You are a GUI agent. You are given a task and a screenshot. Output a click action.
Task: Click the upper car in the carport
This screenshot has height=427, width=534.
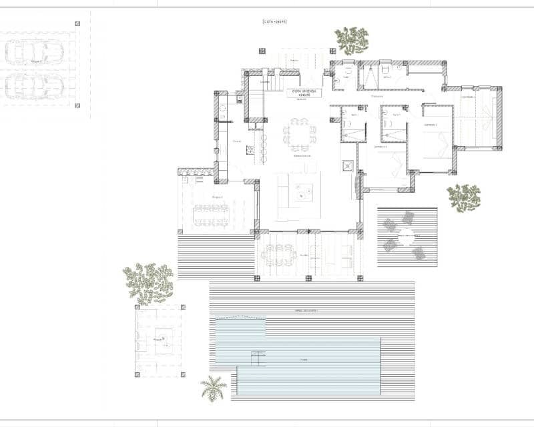(33, 52)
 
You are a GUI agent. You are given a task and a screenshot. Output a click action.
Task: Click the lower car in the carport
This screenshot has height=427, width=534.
(35, 85)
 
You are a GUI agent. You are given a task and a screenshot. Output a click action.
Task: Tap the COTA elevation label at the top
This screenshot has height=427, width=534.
(274, 22)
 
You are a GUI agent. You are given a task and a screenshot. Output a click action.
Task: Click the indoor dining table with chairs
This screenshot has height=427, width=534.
(299, 135)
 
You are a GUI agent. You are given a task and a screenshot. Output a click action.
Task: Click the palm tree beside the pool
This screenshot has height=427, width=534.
(213, 388)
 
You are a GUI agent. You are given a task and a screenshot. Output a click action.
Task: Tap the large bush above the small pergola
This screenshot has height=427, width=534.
(148, 281)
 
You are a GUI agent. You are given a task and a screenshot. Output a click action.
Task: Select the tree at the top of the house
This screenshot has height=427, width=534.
(352, 40)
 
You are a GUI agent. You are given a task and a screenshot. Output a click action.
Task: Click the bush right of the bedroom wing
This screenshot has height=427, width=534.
(463, 197)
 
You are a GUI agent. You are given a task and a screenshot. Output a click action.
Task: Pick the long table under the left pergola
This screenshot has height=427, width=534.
(211, 215)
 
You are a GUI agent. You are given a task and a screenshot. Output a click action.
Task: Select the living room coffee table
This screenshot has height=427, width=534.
(304, 191)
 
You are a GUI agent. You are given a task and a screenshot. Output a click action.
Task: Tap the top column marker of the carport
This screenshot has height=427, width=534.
(77, 24)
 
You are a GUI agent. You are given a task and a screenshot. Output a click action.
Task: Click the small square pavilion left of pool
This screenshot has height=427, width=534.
(160, 340)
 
